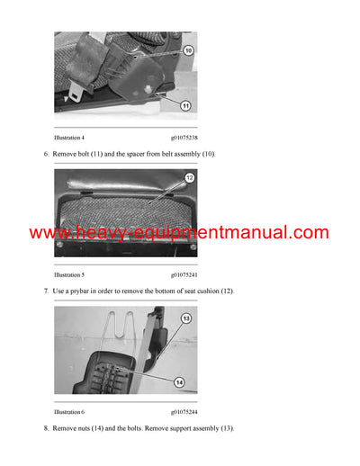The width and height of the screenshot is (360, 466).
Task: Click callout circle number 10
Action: [x=187, y=51]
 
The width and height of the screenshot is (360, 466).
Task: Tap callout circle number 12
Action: [x=189, y=178]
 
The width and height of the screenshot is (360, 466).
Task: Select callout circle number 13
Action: [x=186, y=318]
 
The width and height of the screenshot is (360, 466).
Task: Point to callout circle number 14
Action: [x=179, y=382]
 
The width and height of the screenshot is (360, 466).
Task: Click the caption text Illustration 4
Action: [x=69, y=138]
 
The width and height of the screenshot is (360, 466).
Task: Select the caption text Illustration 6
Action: [x=69, y=411]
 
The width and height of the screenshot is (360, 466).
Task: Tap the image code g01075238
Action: [x=186, y=138]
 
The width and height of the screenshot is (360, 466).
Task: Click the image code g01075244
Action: [x=186, y=411]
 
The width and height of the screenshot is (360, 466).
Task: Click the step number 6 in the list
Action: [x=46, y=155]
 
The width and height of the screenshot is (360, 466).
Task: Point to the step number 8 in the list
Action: [x=46, y=428]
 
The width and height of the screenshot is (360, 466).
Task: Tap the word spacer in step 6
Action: [x=132, y=155]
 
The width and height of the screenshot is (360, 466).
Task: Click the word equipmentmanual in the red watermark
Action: [x=220, y=234]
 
